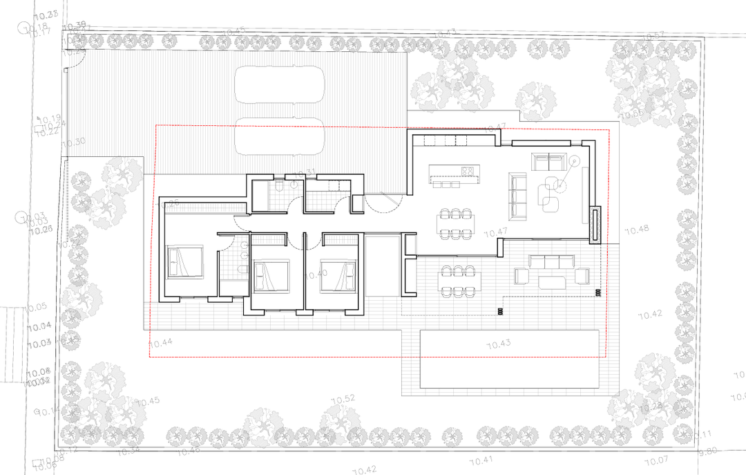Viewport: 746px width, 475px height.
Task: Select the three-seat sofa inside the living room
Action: tap(518, 194)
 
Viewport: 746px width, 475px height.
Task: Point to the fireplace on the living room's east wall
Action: tap(595, 224)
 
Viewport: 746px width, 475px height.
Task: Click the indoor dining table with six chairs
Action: tap(455, 223)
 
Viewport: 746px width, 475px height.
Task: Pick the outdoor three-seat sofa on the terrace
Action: tap(551, 262)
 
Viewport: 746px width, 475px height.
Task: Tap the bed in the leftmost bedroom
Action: tap(184, 262)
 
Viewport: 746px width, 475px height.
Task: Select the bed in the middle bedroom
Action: tap(270, 276)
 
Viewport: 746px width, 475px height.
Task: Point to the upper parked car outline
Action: tap(280, 84)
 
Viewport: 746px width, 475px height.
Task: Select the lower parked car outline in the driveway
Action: tap(280, 136)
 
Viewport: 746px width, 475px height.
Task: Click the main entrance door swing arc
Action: tap(382, 204)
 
